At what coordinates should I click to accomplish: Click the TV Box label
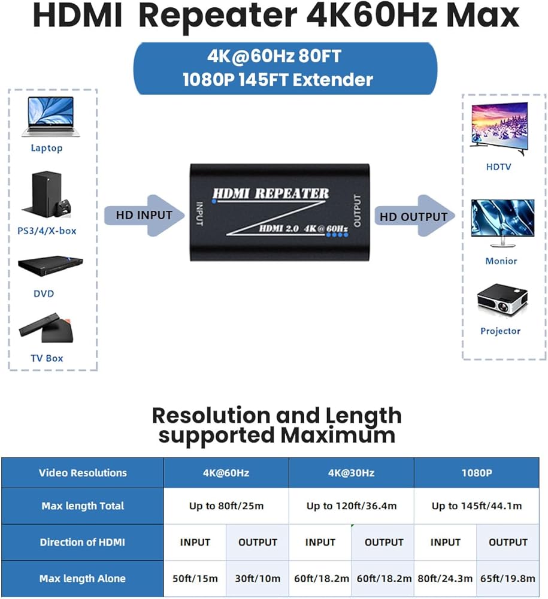47,358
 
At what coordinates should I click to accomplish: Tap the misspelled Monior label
501,261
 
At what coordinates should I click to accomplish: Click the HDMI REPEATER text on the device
271,193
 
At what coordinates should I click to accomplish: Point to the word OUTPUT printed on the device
358,211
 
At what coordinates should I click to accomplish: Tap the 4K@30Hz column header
351,473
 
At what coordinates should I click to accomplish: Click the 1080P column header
476,473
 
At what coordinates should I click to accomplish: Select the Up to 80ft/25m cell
226,506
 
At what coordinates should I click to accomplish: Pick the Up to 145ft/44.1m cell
476,506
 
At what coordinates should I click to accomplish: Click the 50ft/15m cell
195,579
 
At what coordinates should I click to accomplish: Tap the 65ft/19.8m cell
508,579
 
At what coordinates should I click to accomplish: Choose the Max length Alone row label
83,579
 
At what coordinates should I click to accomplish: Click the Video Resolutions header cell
83,473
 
